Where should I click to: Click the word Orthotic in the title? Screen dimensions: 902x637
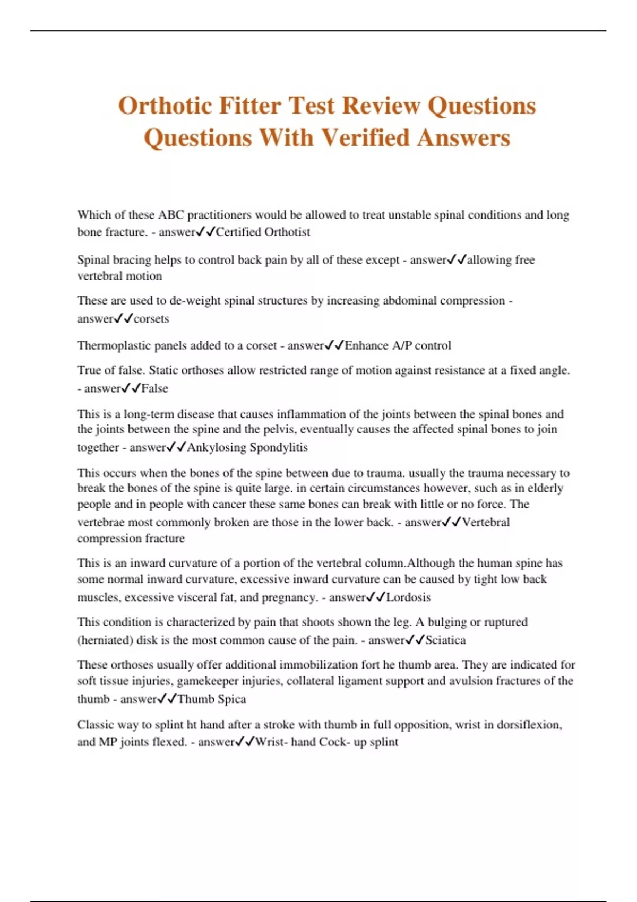(165, 106)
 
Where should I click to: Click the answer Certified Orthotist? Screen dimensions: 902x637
(263, 232)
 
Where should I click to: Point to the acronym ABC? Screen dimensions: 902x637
(170, 215)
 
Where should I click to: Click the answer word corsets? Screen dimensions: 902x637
(151, 319)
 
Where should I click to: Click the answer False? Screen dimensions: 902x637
(154, 388)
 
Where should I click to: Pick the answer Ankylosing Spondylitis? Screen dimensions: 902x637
(247, 447)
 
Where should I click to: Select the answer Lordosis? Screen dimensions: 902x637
(408, 597)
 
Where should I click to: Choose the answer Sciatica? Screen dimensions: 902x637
(445, 640)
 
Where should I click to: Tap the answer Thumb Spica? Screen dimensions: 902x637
(212, 699)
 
